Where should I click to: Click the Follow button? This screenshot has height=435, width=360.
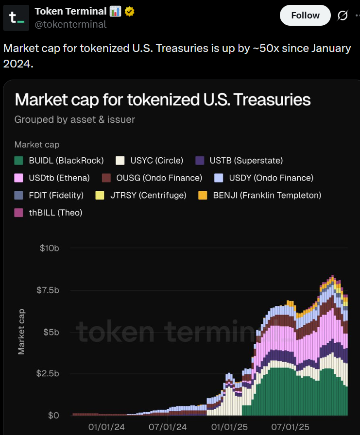305,16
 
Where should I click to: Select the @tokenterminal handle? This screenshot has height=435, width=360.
70,24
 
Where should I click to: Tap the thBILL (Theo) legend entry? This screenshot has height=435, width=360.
49,213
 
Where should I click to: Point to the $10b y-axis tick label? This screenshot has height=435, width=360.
50,248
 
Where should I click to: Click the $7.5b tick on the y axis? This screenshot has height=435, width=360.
48,290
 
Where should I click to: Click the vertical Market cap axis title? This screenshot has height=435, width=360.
21,332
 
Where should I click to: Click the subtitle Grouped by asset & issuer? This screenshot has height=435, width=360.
75,119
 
